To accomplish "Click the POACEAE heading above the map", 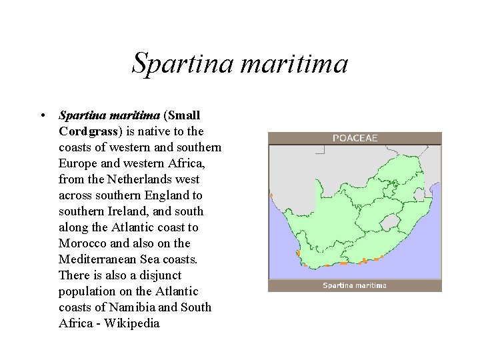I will (x=355, y=138).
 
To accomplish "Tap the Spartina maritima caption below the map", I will (x=355, y=285).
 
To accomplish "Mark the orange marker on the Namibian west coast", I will (x=271, y=195).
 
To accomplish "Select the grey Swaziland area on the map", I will (x=419, y=194).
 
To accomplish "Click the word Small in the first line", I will (x=185, y=115).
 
